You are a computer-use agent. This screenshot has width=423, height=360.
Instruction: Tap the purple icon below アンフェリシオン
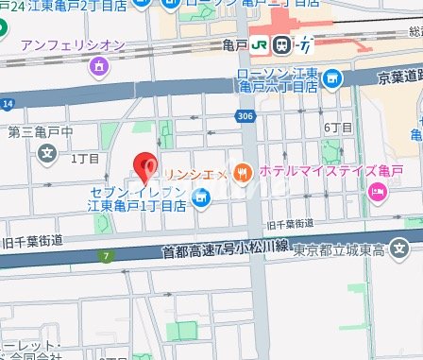point(99,67)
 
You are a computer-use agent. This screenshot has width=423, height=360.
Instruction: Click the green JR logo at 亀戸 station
point(281,44)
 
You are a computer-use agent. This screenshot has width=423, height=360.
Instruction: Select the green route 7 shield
point(110,255)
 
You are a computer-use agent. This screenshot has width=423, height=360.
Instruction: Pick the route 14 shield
point(8,101)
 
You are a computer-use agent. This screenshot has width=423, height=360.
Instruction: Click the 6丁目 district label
point(337,127)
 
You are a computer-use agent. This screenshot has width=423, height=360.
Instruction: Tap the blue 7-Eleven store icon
point(200,197)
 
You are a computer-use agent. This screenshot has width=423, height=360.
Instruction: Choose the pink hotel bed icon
point(378,194)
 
